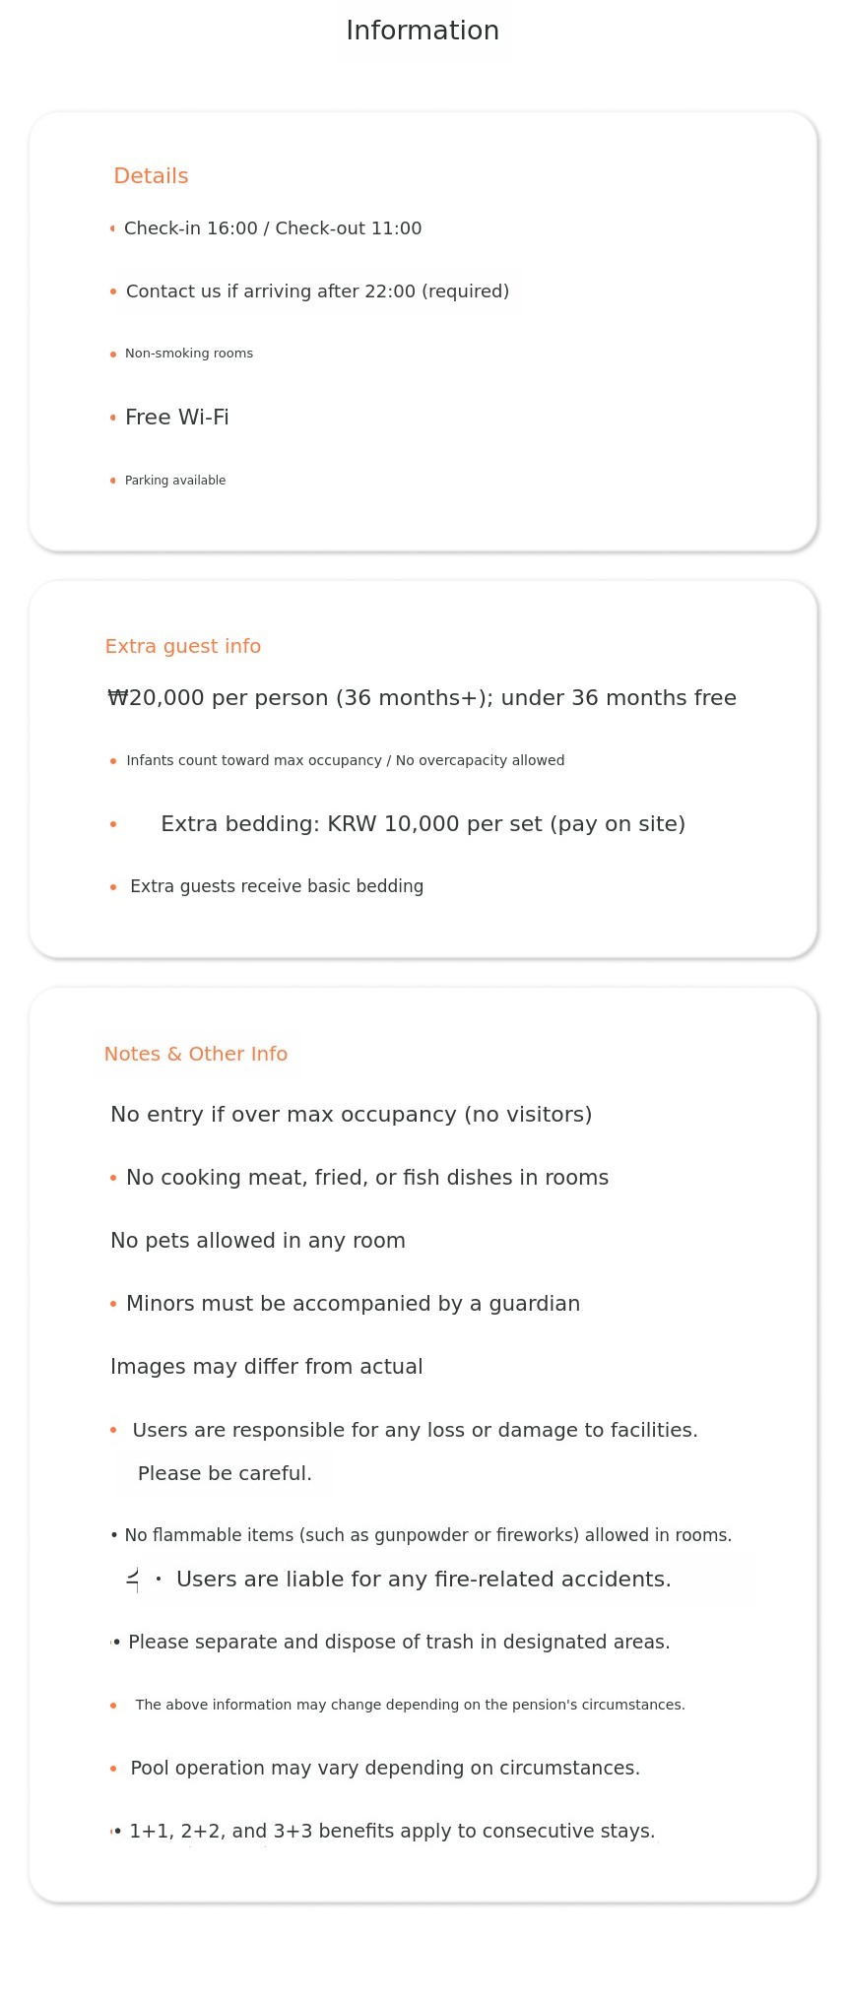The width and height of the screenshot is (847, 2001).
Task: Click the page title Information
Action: coord(423,31)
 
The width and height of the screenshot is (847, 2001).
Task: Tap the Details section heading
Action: coord(151,176)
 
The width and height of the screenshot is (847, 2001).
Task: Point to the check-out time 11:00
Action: coord(396,228)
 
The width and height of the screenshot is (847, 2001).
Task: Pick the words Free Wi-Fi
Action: coord(177,418)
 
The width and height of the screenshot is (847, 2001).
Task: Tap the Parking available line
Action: coord(175,481)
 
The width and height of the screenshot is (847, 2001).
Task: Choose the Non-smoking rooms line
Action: coord(189,354)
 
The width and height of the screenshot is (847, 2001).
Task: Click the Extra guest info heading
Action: coord(183,646)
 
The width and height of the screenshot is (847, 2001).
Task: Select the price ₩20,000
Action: coord(156,698)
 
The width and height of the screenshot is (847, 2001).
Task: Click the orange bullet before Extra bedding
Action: coord(113,824)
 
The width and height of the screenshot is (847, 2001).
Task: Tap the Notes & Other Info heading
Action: coord(196,1054)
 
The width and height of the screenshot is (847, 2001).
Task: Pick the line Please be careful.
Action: coord(225,1473)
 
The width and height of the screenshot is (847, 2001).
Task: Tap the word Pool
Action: coord(150,1768)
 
